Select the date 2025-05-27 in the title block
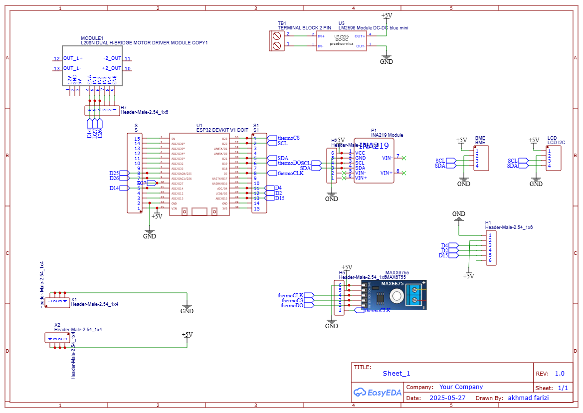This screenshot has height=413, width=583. point(447,398)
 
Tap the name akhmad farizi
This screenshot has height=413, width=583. point(529,398)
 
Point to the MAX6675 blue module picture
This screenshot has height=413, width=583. point(394,295)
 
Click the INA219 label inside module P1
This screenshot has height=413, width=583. point(374,146)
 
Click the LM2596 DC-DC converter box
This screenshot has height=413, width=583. point(342,41)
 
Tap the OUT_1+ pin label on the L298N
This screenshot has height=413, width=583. point(73,58)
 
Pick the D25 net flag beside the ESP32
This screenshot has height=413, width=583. point(114,173)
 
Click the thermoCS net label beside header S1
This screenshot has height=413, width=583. point(289,138)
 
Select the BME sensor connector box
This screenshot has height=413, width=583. point(481,158)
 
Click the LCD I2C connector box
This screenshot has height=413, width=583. point(554,158)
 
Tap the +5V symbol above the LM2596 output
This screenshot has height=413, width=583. point(387,16)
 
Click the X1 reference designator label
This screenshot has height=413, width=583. point(74,299)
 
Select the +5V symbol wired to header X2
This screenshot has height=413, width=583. point(187,335)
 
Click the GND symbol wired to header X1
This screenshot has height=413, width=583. point(187,309)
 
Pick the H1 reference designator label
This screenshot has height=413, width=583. point(488,222)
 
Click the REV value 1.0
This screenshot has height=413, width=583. point(560,374)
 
